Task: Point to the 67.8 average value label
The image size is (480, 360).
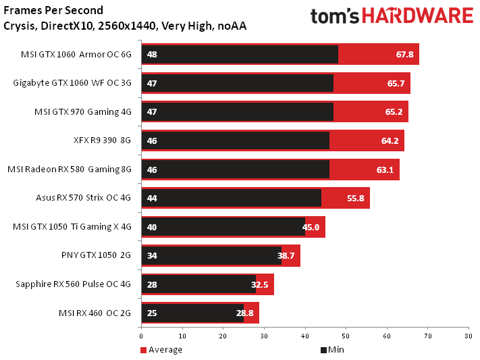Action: point(404,54)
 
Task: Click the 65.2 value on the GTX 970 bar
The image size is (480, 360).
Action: point(394,111)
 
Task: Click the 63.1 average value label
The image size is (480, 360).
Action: point(385,170)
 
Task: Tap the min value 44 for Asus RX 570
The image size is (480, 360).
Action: point(151,198)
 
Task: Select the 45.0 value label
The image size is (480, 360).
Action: point(311,227)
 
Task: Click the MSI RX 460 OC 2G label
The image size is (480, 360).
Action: point(96,313)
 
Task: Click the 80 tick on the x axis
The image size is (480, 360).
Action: point(467,335)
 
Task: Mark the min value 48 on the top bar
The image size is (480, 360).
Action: point(151,54)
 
